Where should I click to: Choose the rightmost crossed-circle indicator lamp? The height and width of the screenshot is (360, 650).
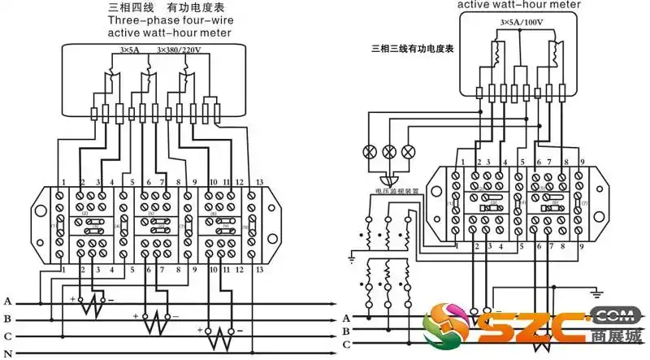pos(408,151)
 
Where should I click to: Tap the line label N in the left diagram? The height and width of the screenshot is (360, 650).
pos(7,352)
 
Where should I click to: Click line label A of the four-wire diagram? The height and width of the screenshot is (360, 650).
pos(7,301)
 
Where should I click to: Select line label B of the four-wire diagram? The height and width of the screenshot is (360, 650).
pos(7,319)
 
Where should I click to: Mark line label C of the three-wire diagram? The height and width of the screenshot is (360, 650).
pos(346,345)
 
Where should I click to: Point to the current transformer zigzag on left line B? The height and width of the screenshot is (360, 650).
pos(156,323)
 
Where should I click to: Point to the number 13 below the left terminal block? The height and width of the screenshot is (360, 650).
pos(259,268)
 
